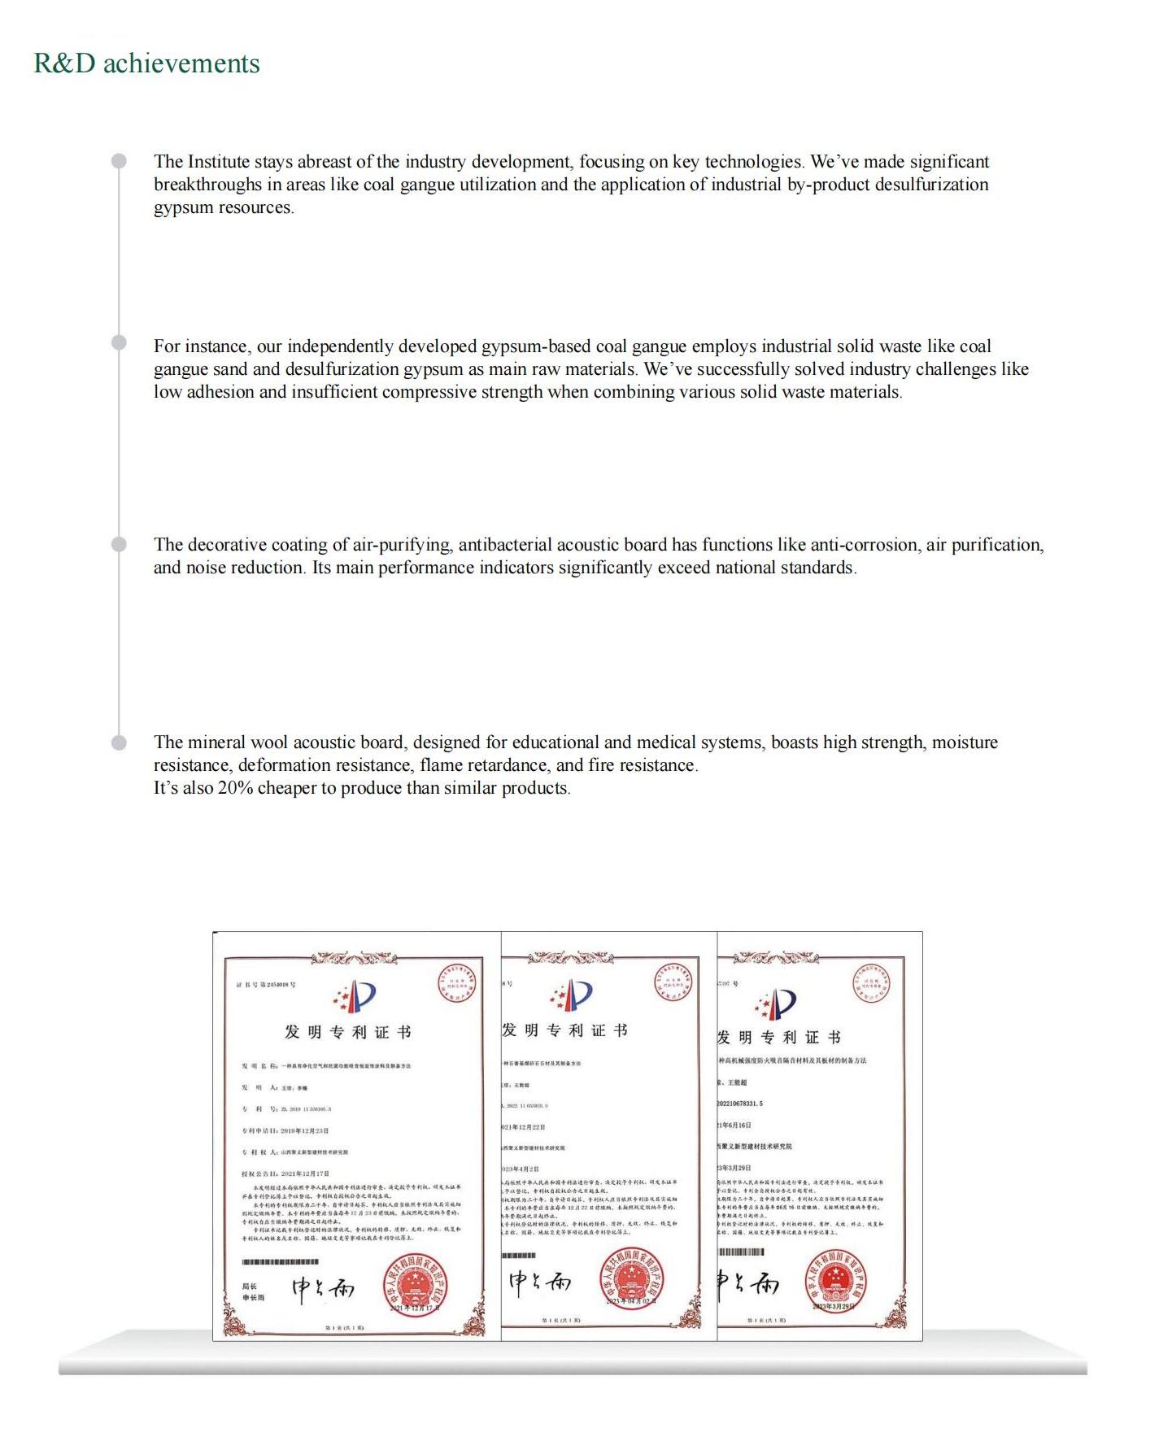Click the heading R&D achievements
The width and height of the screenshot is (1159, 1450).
pos(146,63)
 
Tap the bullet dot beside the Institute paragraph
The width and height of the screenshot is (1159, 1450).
pos(119,161)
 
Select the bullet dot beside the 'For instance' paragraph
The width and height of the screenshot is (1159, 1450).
pos(119,342)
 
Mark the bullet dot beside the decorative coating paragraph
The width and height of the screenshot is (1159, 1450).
pos(119,544)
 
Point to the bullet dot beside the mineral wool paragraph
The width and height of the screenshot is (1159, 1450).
pos(119,742)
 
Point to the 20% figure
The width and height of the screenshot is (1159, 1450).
pos(235,788)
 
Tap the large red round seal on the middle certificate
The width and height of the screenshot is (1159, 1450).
pos(631,1279)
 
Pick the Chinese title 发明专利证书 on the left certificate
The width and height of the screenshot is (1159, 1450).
pos(347,1032)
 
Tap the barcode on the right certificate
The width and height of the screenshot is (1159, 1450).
pos(741,1252)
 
